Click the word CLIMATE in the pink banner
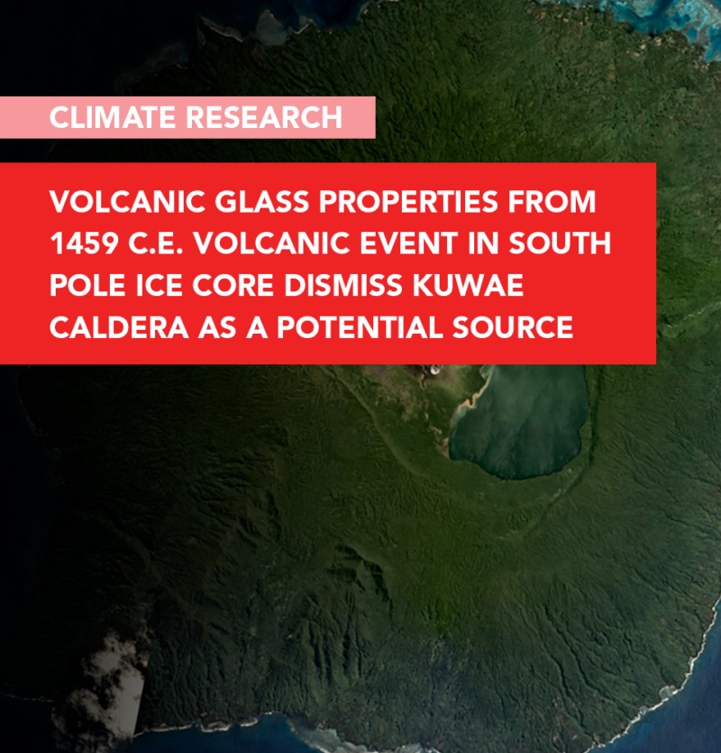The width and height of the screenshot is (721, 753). point(113,117)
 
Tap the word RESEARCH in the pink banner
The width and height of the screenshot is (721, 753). point(264,117)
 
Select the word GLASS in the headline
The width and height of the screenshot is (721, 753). point(261,201)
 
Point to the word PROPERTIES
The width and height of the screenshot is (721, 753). point(408,201)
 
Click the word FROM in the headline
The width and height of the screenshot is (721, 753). point(552,201)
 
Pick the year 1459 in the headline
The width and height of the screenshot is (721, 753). point(84,243)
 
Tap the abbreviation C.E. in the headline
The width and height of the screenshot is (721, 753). point(156,243)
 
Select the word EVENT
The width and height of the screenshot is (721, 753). point(408,243)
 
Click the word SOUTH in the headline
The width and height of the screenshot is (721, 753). point(560,243)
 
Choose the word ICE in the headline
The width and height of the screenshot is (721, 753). point(160,285)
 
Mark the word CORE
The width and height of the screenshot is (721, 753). point(233,285)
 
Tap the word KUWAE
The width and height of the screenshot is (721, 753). point(468,285)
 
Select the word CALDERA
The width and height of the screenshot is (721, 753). point(119,327)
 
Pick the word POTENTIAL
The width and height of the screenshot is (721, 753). point(360,327)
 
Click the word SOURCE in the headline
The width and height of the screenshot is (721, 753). point(513,327)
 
